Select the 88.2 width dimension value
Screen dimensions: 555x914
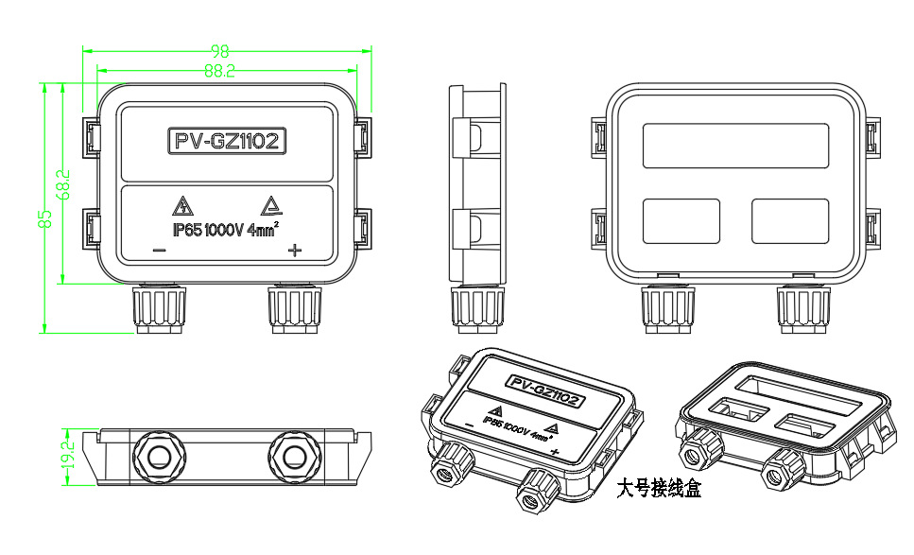click(219, 70)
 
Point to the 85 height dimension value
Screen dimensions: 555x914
click(43, 218)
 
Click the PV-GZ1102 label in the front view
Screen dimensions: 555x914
click(227, 142)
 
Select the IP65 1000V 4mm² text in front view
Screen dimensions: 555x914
click(224, 230)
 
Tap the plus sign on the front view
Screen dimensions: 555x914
click(294, 251)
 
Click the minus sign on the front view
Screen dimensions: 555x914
click(159, 251)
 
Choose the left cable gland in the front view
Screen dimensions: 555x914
click(159, 310)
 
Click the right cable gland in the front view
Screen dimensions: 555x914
click(297, 310)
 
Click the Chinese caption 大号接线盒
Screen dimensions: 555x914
click(659, 490)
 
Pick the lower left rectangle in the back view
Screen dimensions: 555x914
click(681, 220)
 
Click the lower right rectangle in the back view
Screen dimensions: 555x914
click(790, 220)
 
